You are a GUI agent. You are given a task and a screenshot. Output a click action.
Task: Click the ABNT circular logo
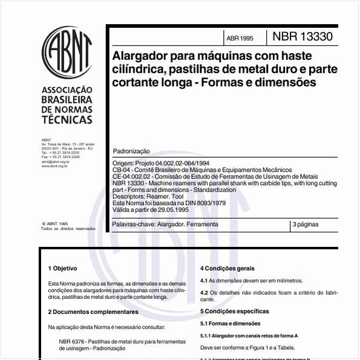pyautogui.click(x=67, y=52)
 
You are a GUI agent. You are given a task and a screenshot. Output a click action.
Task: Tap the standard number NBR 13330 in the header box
pyautogui.click(x=302, y=36)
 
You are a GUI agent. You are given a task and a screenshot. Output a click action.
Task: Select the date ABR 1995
pyautogui.click(x=240, y=38)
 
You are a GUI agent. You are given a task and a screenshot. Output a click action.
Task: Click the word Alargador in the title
pyautogui.click(x=140, y=55)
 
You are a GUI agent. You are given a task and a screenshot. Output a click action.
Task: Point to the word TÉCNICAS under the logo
pyautogui.click(x=67, y=120)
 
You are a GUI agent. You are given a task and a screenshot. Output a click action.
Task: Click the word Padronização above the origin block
pyautogui.click(x=132, y=151)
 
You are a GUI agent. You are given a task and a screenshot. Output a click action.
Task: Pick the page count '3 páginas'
pyautogui.click(x=305, y=224)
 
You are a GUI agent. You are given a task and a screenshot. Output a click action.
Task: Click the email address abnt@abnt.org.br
pyautogui.click(x=55, y=162)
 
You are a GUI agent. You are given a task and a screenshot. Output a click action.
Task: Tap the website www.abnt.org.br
pyautogui.click(x=54, y=166)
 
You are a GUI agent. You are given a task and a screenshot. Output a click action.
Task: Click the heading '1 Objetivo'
pyautogui.click(x=62, y=268)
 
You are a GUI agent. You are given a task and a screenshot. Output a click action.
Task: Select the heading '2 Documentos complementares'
pyautogui.click(x=93, y=312)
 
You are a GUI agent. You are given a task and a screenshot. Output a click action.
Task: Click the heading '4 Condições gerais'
pyautogui.click(x=227, y=268)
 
